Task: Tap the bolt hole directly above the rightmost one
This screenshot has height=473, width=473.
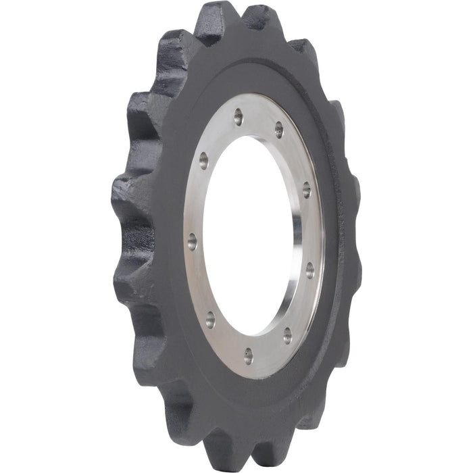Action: pyautogui.click(x=306, y=190)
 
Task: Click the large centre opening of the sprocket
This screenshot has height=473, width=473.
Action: pyautogui.click(x=250, y=236)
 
